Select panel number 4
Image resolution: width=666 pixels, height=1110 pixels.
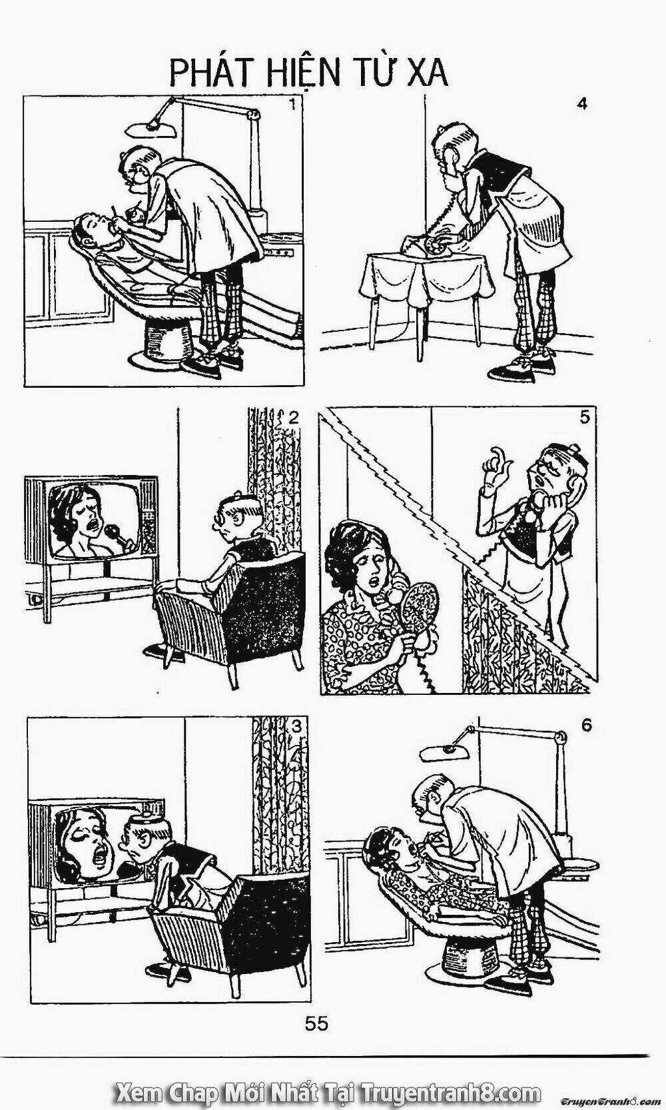pyautogui.click(x=583, y=105)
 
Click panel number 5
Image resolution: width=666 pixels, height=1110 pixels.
pyautogui.click(x=584, y=418)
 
